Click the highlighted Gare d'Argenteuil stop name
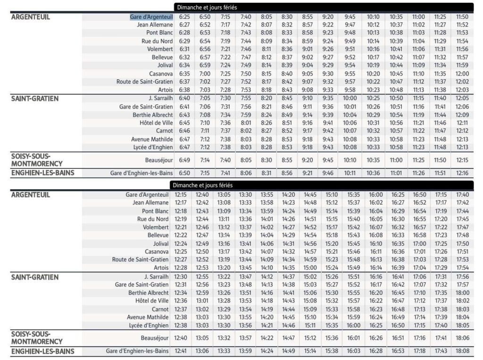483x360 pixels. [151, 17]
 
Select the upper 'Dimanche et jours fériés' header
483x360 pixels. [207, 8]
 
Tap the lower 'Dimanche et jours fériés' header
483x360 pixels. [203, 185]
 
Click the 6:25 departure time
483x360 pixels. [184, 17]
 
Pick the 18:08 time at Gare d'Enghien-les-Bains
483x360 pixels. [462, 351]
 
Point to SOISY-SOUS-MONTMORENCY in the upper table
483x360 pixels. [37, 160]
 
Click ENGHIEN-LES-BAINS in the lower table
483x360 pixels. [43, 352]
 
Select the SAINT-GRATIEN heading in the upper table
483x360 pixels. [35, 99]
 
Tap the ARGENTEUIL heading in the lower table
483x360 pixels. [31, 195]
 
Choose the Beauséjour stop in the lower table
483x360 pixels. [155, 338]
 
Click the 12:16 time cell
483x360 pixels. [462, 173]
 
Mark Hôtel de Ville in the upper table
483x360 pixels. [156, 123]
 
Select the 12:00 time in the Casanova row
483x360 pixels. [462, 74]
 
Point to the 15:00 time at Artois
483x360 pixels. [310, 268]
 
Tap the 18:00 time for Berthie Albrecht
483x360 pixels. [462, 293]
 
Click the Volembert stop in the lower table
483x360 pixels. [156, 227]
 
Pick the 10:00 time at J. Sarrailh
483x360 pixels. [350, 98]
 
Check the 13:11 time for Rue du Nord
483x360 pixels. [224, 219]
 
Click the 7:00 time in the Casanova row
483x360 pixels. [205, 74]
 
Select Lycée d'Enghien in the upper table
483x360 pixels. [153, 147]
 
